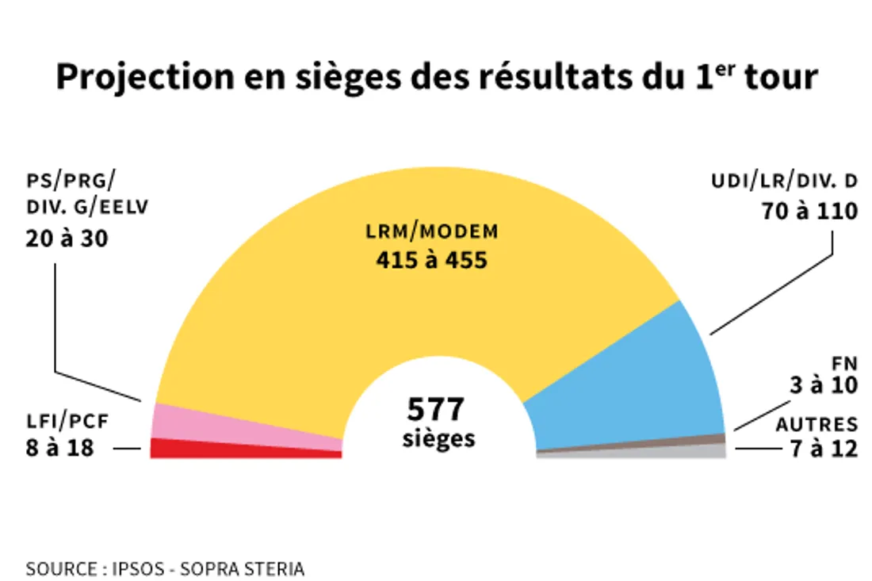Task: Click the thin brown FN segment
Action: pyautogui.click(x=698, y=440)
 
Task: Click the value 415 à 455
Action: pyautogui.click(x=432, y=259)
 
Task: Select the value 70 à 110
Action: pyautogui.click(x=809, y=212)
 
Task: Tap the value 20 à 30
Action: pyautogui.click(x=67, y=238)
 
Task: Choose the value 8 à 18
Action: pyautogui.click(x=59, y=448)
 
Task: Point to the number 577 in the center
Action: pyautogui.click(x=435, y=410)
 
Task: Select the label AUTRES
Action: pyautogui.click(x=817, y=425)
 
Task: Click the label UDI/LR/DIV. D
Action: pyautogui.click(x=785, y=182)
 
